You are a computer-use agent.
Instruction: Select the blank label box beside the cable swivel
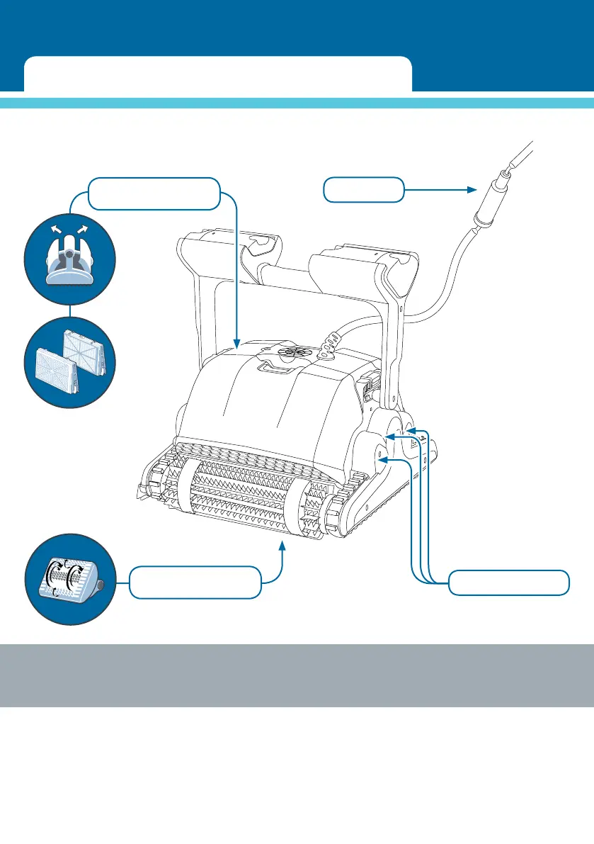[x=364, y=190]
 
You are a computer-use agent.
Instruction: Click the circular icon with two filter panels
[x=69, y=361]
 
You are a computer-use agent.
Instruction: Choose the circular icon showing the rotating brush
[x=69, y=578]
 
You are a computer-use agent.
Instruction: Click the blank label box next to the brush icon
[x=195, y=582]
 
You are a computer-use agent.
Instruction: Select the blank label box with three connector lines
[x=508, y=583]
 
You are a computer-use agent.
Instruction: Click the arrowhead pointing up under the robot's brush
[x=283, y=545]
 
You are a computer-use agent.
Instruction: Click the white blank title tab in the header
[x=217, y=74]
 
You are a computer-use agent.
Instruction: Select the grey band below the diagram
[x=297, y=675]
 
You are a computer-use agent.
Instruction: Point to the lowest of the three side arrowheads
[x=383, y=460]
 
